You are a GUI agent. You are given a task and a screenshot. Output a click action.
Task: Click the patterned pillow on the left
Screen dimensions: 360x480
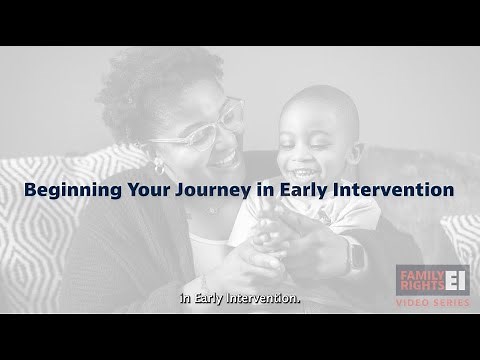50,230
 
